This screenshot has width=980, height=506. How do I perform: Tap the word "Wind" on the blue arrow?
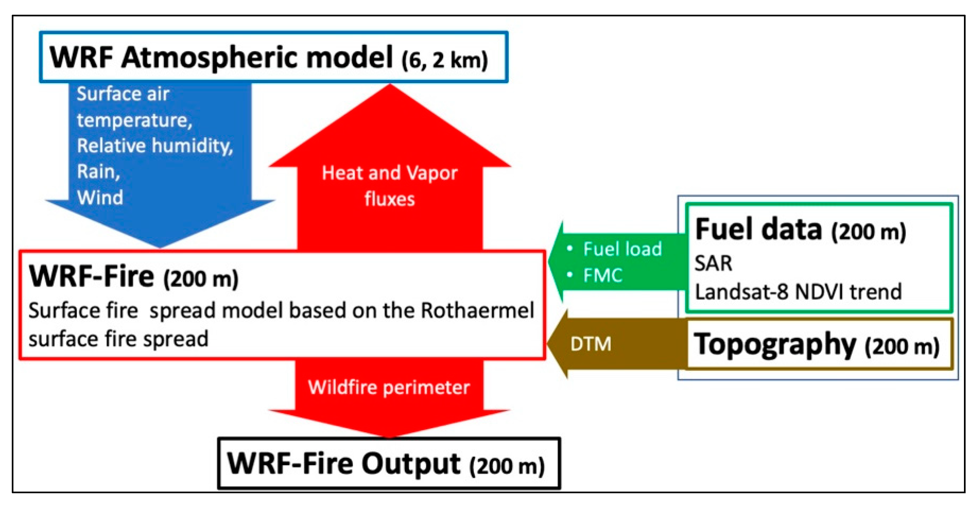click(x=100, y=197)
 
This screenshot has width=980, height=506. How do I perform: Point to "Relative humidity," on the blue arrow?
click(x=154, y=146)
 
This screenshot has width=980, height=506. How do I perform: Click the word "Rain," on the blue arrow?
click(x=98, y=172)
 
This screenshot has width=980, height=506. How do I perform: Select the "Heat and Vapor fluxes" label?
click(x=389, y=186)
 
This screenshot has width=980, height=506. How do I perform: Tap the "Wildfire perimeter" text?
click(x=389, y=388)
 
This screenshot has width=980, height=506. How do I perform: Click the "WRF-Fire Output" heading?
click(x=344, y=464)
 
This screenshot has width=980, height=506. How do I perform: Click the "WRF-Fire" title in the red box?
click(x=92, y=277)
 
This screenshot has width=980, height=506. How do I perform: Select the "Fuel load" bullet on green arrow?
click(x=622, y=249)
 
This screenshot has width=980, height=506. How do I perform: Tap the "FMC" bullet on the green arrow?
click(x=603, y=275)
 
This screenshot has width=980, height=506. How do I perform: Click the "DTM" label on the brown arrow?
click(x=590, y=344)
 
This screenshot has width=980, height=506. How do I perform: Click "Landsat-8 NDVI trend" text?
click(x=798, y=292)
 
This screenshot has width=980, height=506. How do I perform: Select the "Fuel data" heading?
click(x=758, y=230)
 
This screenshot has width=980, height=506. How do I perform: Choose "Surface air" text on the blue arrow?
click(x=122, y=94)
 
